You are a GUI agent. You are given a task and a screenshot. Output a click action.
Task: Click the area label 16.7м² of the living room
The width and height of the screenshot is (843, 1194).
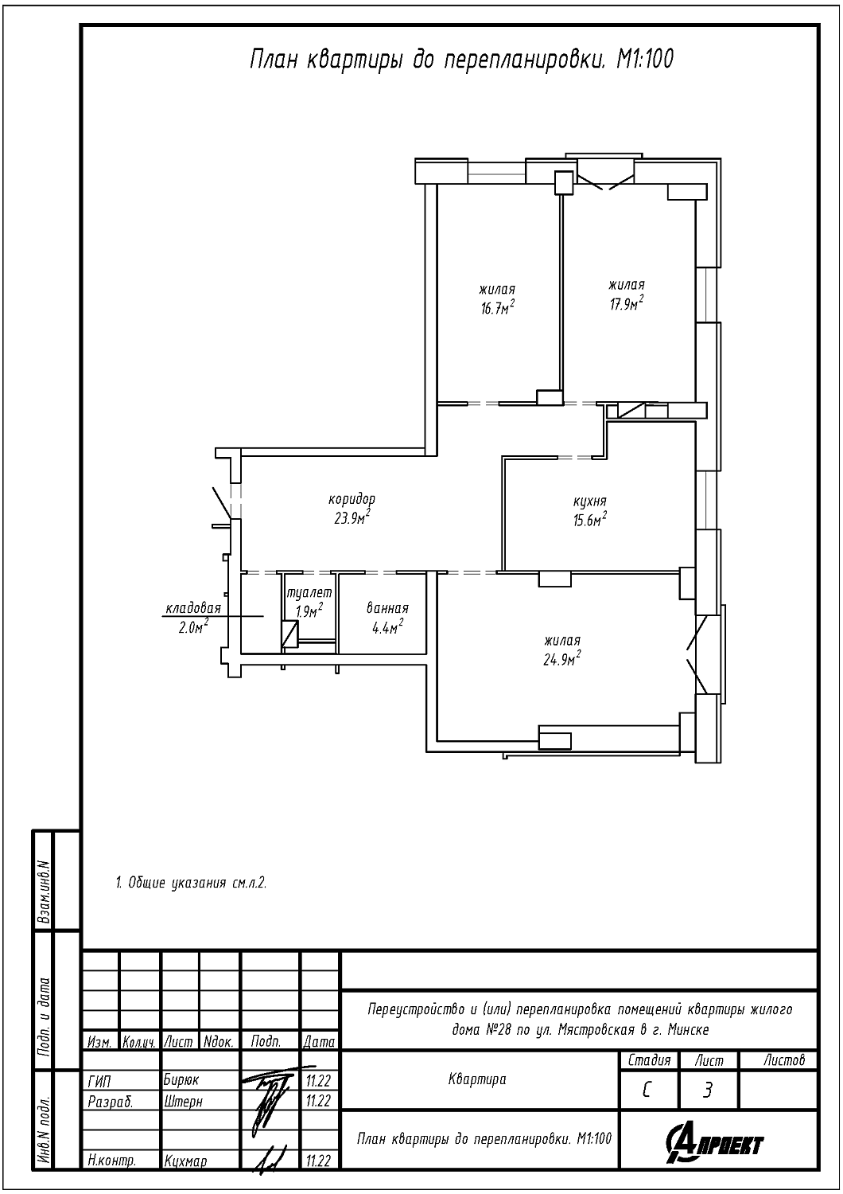497,307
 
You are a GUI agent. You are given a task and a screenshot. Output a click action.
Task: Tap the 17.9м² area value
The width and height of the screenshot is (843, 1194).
626,302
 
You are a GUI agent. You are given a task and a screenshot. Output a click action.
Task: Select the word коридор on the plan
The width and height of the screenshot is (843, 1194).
352,499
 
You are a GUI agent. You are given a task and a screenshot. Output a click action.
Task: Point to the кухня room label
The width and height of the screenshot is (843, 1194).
589,501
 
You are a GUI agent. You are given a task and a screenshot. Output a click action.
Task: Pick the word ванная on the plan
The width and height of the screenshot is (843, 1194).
387,608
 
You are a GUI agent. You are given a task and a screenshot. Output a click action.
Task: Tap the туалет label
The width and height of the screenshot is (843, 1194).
309,593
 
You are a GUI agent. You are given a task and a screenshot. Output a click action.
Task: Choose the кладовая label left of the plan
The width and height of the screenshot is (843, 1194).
193,607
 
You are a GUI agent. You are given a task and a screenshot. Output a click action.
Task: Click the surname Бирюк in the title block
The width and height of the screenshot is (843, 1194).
181,1080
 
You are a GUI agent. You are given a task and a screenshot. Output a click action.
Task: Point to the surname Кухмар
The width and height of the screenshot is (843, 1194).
185,1161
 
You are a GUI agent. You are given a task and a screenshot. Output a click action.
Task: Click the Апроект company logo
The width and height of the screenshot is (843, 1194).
714,1143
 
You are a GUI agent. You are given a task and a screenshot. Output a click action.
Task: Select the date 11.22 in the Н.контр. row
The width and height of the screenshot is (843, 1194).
318,1161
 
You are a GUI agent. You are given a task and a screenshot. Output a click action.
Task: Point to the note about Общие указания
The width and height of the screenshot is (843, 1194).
191,884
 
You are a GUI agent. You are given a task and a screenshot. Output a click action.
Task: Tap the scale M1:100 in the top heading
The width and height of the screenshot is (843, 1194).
646,59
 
